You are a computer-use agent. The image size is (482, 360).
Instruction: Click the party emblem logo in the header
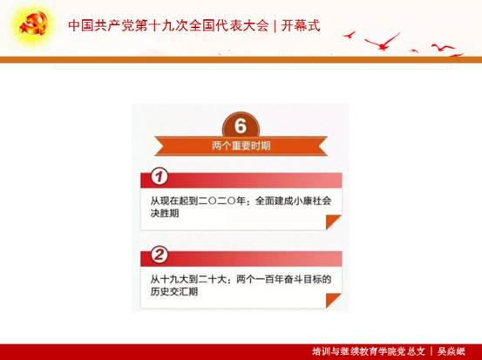33,24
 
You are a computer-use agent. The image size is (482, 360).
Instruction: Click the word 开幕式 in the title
301,25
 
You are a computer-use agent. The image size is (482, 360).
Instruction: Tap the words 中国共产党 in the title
101,25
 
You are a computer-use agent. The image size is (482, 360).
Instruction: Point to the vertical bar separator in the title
275,26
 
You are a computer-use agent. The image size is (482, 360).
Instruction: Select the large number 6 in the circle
241,126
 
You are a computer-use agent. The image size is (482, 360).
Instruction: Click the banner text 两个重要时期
241,146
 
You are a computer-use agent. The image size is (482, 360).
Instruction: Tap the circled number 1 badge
160,177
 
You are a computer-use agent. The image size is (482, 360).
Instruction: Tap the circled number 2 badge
160,255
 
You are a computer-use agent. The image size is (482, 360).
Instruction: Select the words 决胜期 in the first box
165,214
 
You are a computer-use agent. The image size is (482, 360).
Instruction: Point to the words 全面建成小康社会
293,201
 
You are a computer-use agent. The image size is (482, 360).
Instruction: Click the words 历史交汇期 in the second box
174,291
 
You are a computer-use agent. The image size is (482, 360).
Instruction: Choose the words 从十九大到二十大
188,280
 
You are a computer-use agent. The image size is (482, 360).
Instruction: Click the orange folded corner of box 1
333,221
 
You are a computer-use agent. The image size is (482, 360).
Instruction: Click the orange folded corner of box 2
333,300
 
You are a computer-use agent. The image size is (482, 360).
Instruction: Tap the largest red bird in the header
383,43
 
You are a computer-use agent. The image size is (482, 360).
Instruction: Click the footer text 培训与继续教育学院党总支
369,351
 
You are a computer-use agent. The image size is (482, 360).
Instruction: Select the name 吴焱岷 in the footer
451,351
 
